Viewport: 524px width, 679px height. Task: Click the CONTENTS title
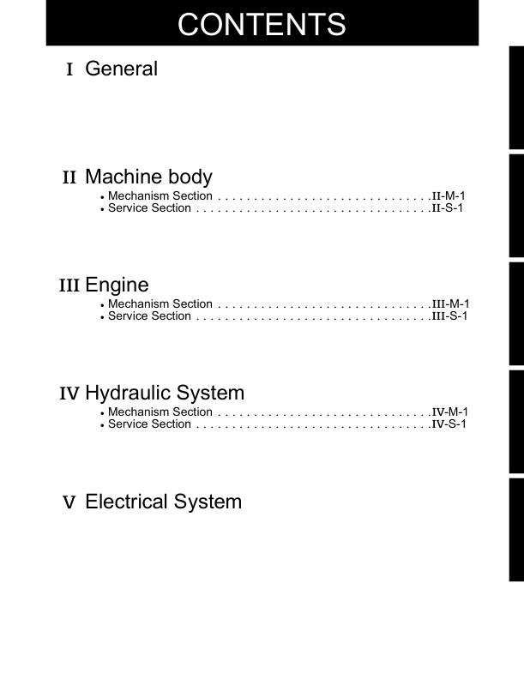(262, 24)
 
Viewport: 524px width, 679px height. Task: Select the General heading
(121, 69)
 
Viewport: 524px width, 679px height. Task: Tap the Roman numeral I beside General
(69, 69)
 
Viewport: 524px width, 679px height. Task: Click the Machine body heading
(148, 177)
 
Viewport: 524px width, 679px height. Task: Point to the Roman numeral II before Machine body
(69, 178)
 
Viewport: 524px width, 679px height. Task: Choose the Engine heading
(117, 285)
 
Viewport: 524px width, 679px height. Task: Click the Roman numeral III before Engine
(69, 285)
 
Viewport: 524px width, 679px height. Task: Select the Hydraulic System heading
(165, 394)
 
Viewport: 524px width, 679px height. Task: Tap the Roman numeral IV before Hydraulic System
(69, 394)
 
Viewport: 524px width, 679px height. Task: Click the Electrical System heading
(163, 502)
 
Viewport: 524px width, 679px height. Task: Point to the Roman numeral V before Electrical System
(69, 502)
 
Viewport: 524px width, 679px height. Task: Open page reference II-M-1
(449, 196)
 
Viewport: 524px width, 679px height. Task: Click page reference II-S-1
(448, 208)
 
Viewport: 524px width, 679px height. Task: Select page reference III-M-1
(450, 304)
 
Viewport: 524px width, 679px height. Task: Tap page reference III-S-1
(449, 316)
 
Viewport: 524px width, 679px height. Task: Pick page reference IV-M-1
(449, 412)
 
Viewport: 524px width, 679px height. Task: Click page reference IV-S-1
(449, 424)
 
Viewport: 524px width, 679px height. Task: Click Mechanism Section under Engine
(160, 304)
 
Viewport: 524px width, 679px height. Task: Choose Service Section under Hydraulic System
(149, 424)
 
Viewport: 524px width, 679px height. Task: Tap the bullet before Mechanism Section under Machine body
(102, 197)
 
